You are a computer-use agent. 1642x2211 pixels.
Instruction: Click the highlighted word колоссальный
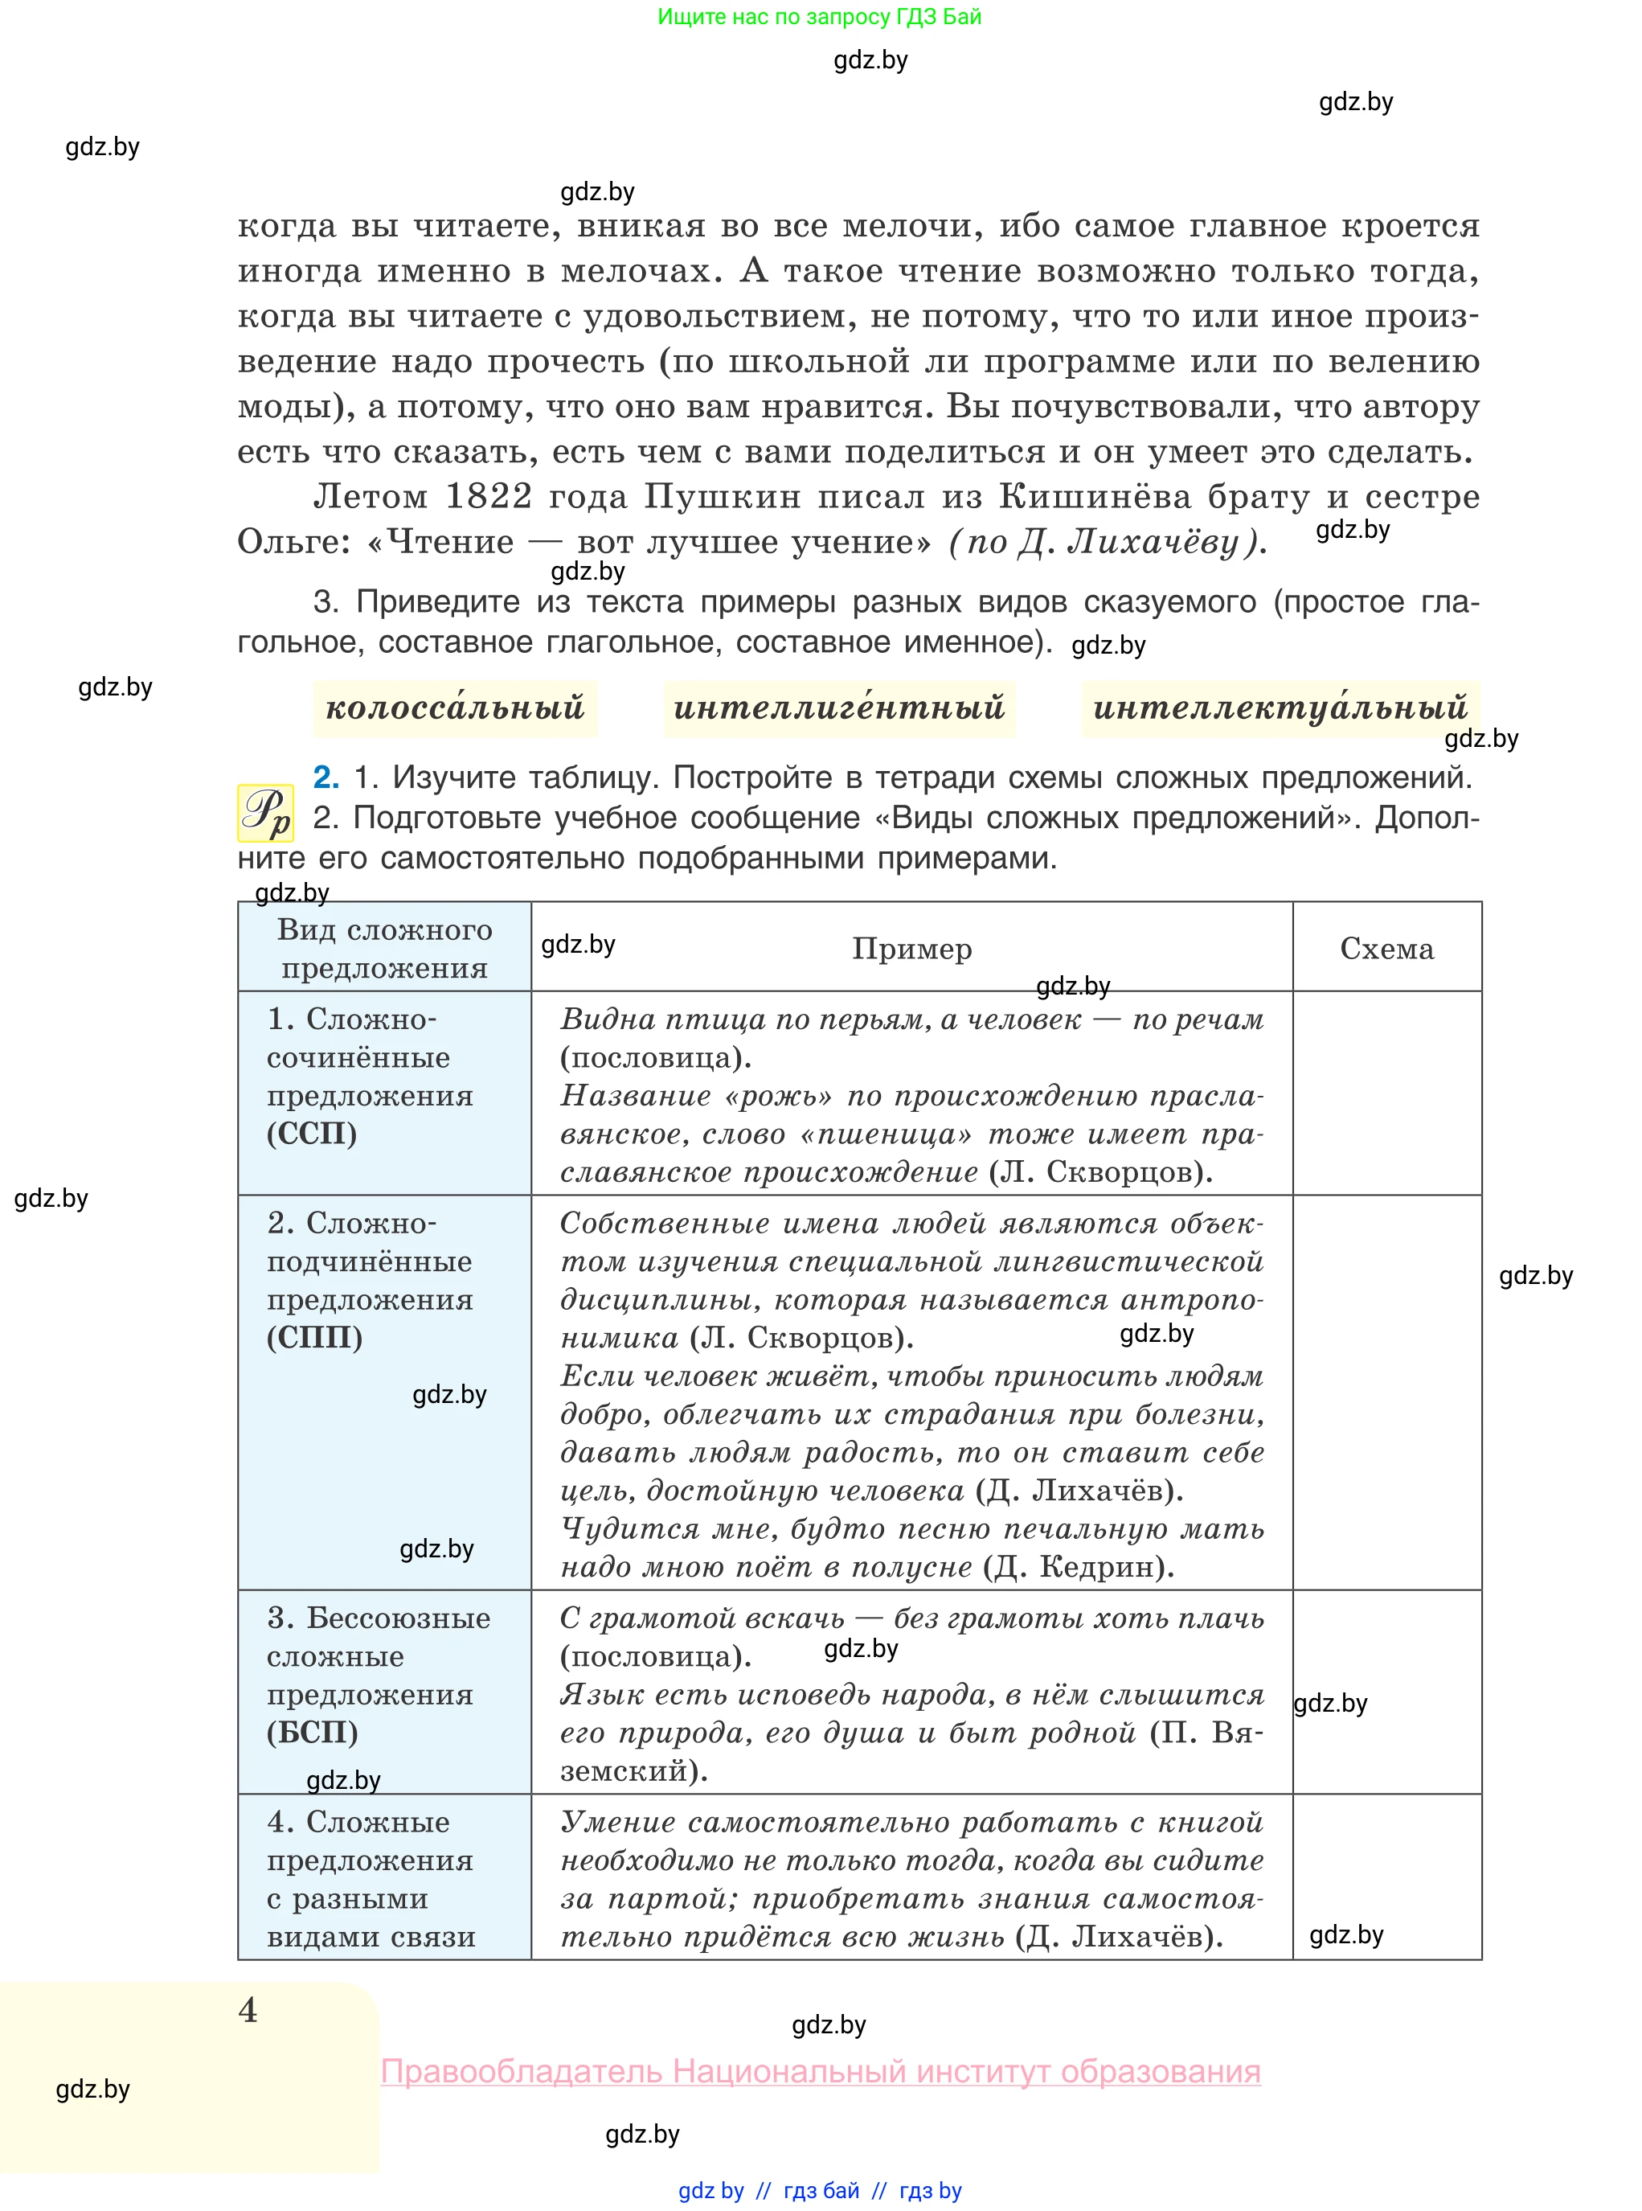(x=455, y=708)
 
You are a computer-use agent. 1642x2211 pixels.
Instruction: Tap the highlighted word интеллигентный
(x=840, y=708)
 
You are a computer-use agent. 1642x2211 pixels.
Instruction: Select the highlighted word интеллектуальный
(x=1280, y=708)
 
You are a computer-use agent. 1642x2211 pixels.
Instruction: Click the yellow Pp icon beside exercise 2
(x=264, y=813)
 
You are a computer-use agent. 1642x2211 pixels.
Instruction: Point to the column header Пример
(x=911, y=949)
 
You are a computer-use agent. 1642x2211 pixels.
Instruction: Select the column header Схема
(x=1386, y=949)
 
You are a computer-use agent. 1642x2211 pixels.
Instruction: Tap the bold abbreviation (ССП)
(x=311, y=1134)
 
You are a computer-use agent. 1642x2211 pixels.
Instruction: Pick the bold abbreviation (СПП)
(x=314, y=1337)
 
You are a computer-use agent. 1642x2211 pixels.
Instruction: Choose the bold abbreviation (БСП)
(x=312, y=1732)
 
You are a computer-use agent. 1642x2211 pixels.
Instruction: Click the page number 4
(x=248, y=2010)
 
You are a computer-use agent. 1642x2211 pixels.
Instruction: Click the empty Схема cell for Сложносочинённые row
(x=1386, y=1093)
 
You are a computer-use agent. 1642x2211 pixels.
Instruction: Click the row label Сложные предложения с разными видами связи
(x=371, y=1879)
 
